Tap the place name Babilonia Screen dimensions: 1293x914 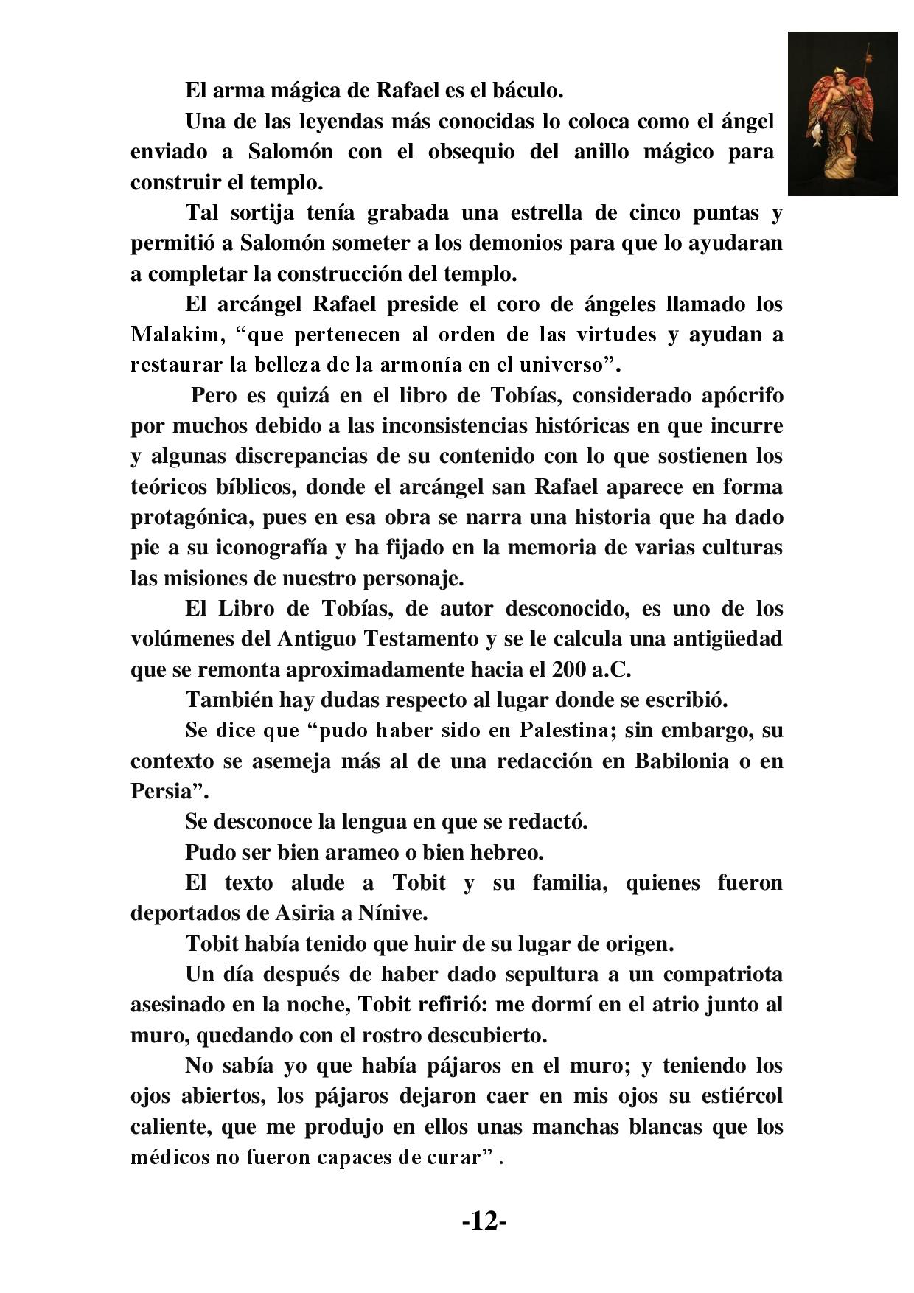coord(680,761)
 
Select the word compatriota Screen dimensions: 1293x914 coord(722,975)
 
